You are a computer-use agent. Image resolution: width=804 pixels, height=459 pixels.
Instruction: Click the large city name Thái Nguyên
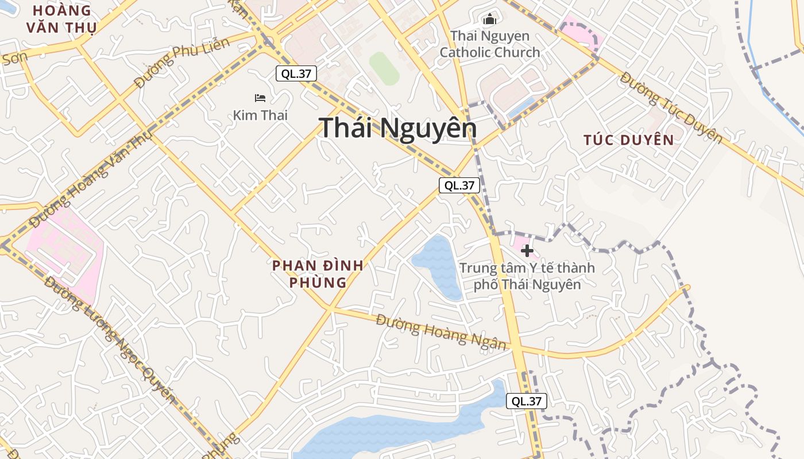397,128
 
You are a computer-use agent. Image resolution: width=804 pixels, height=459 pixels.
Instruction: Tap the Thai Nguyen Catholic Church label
490,44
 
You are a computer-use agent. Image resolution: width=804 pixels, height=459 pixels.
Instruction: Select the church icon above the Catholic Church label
489,20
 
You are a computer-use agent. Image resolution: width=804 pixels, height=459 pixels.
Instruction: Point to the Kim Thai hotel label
260,115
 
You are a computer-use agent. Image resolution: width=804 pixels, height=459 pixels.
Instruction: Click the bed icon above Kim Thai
260,98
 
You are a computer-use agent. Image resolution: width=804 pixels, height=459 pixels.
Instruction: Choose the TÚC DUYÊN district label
628,140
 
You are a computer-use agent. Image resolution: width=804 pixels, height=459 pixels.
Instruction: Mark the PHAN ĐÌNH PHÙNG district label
318,274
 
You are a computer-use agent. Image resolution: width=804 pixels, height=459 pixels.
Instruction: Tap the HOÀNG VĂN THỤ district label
61,19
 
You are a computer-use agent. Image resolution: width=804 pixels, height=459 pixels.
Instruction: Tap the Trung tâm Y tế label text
527,276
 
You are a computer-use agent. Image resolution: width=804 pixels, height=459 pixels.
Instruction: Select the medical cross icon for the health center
527,251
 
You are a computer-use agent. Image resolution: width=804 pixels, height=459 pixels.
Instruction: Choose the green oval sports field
384,68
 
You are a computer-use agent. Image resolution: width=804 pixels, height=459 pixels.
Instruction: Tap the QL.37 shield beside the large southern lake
526,401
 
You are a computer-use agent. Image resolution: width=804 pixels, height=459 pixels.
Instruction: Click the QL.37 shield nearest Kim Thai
296,73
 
